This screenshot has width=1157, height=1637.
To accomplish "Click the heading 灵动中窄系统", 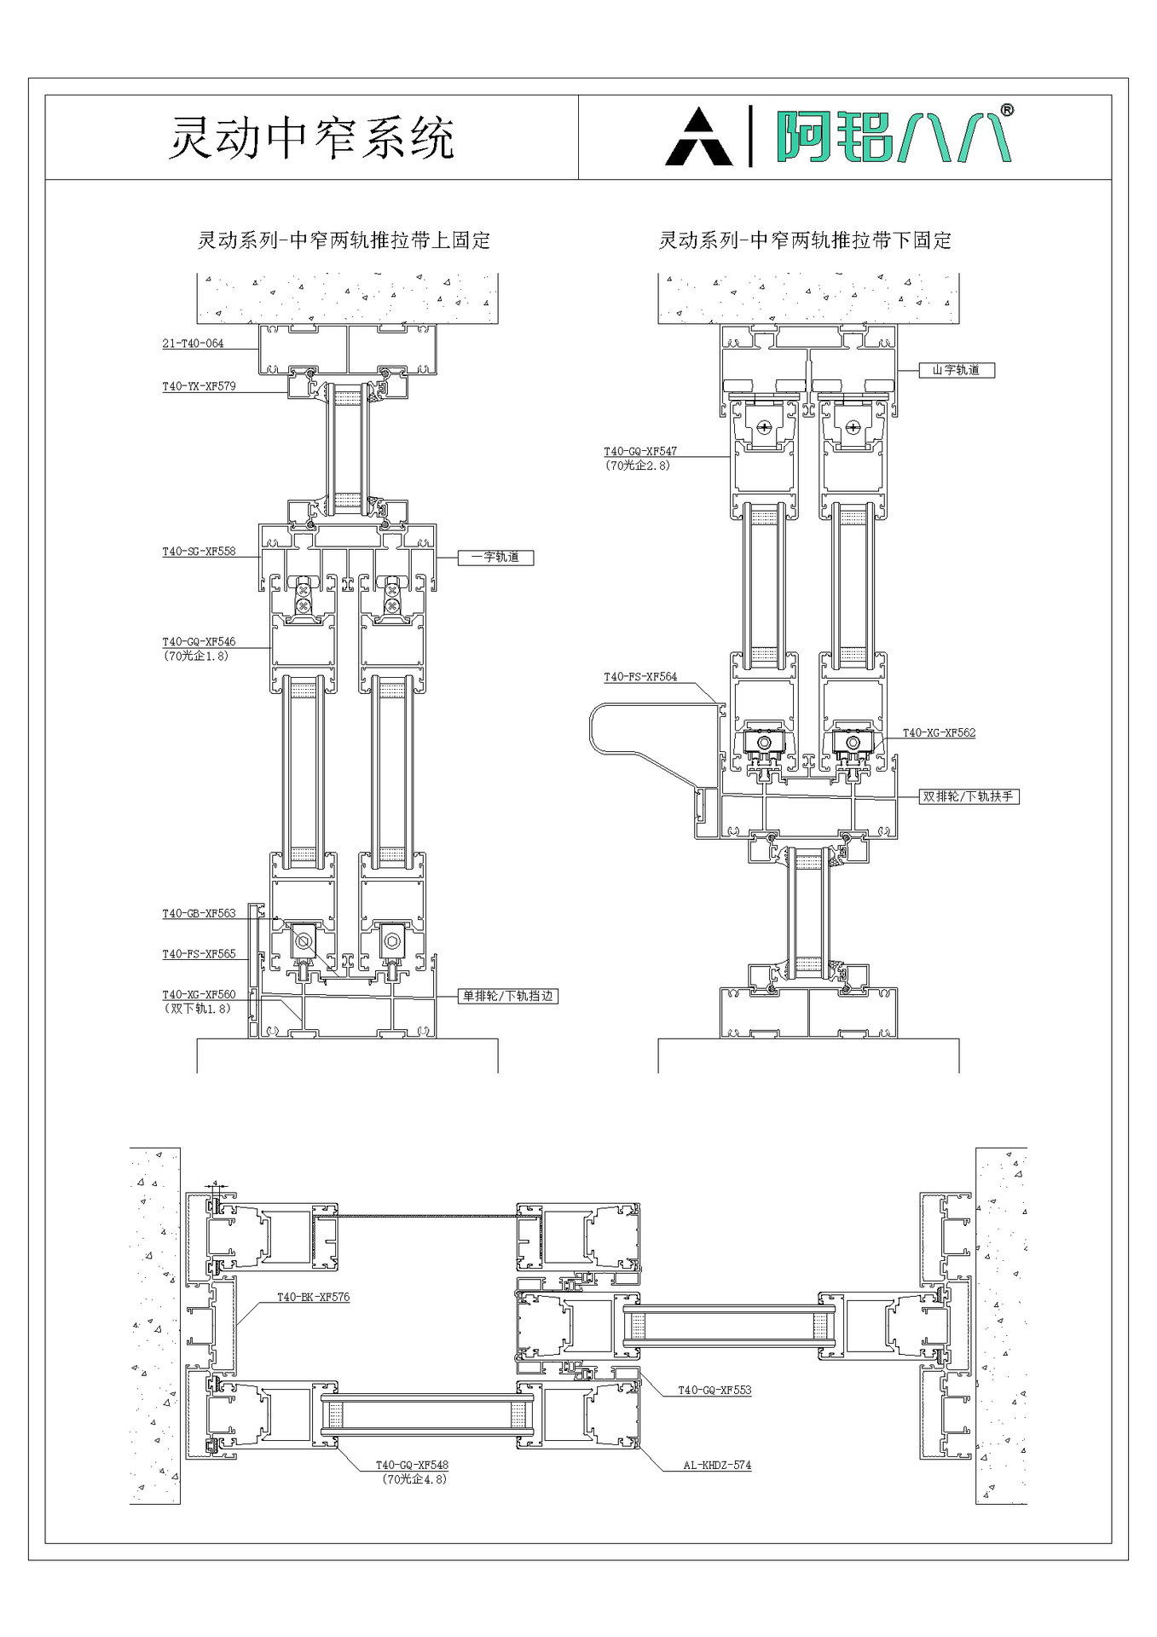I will [311, 137].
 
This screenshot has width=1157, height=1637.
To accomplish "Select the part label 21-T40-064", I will [193, 344].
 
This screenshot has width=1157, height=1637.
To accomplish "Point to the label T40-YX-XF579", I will [199, 386].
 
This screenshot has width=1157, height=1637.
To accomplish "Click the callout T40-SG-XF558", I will [199, 552].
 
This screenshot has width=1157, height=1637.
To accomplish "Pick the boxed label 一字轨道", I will [495, 558].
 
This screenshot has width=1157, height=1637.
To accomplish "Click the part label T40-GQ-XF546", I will [199, 642].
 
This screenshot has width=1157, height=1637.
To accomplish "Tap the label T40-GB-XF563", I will [199, 914].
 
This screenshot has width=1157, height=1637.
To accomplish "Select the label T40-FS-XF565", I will [199, 954].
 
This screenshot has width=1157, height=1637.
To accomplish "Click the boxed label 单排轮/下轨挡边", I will [508, 995].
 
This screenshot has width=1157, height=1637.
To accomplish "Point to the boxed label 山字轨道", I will [956, 370].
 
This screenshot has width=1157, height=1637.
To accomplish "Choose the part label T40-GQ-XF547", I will [640, 452].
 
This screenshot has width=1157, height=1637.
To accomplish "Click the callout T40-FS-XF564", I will [640, 677].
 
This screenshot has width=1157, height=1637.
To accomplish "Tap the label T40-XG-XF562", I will [939, 732].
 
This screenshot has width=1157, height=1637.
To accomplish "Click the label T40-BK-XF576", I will [313, 1298].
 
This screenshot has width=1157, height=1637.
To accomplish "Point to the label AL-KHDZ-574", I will [717, 1466].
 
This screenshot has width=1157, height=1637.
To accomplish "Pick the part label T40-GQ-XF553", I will [714, 1391].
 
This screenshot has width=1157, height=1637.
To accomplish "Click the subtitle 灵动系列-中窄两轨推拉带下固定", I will [804, 240].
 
